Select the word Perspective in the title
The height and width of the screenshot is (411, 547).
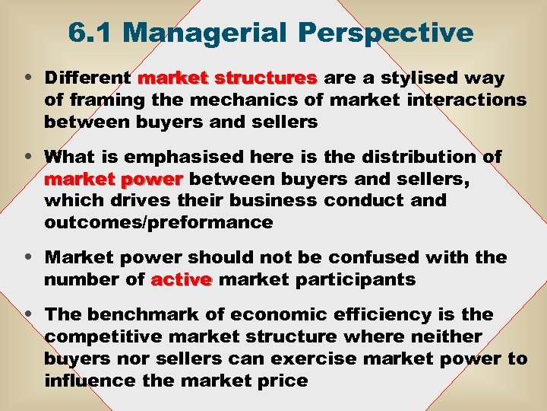[x=386, y=33]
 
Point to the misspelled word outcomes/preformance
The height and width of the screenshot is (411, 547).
[x=158, y=223]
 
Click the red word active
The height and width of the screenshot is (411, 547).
[x=181, y=279]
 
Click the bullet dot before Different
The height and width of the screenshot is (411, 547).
[x=28, y=78]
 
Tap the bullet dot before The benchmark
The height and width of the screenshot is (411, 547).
[x=28, y=314]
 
